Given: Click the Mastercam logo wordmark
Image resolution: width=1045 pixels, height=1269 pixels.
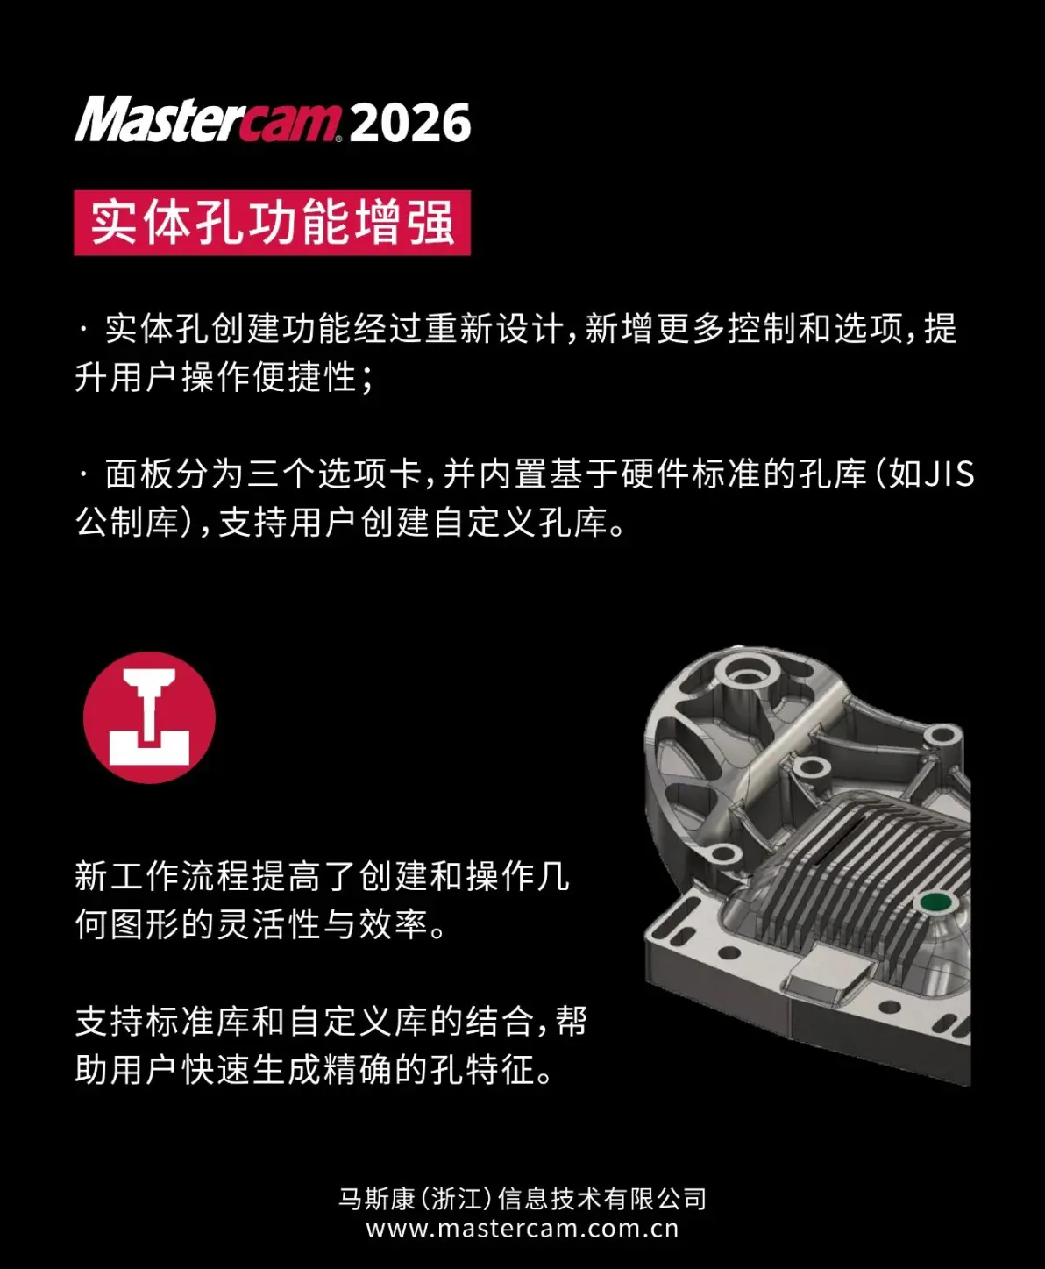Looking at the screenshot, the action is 207,119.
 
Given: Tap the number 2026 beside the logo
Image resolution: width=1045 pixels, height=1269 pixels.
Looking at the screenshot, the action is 410,122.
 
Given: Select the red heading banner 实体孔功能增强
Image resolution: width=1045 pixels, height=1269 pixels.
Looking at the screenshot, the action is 272,223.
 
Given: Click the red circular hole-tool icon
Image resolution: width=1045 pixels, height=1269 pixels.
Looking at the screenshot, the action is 149,717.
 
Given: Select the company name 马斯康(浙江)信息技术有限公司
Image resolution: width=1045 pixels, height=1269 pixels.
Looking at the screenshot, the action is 522,1199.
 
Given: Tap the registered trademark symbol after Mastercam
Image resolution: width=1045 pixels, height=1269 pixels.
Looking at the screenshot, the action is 338,139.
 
